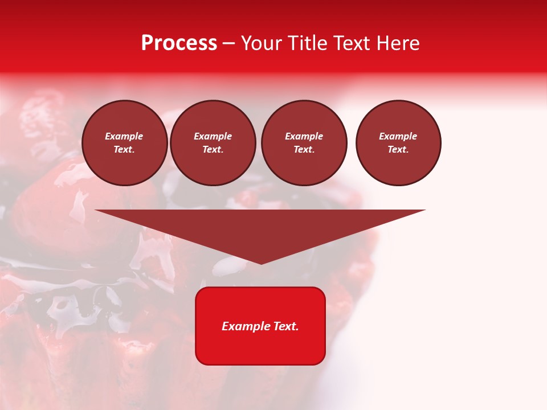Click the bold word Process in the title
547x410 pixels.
point(179,43)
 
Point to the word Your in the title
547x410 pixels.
point(260,43)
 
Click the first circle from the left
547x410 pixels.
point(124,143)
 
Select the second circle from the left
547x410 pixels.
point(213,143)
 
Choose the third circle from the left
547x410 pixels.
point(304,143)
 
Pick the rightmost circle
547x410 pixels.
point(398,143)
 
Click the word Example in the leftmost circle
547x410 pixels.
point(124,136)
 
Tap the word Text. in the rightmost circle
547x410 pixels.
point(398,150)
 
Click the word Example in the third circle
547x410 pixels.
point(304,136)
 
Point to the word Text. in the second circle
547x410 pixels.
point(213,150)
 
